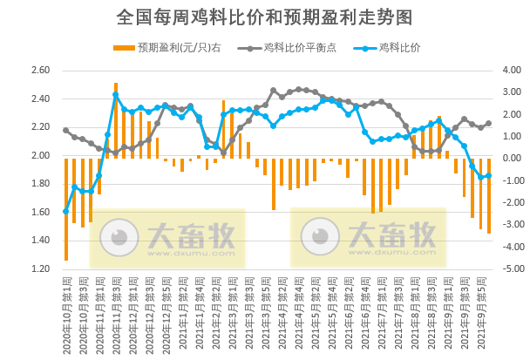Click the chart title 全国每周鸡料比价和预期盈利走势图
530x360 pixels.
264,17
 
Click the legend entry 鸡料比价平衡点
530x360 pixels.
285,48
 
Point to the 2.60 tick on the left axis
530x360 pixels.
41,71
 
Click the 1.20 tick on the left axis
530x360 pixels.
41,269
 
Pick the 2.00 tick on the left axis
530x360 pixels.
41,156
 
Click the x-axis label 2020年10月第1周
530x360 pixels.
66,309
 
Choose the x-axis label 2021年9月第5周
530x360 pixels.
488,309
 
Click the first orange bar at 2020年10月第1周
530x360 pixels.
66,209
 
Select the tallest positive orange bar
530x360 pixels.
116,121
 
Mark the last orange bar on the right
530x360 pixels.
489,196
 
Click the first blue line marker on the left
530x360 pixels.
66,212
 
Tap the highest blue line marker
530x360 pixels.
116,95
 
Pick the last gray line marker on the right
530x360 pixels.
488,123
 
